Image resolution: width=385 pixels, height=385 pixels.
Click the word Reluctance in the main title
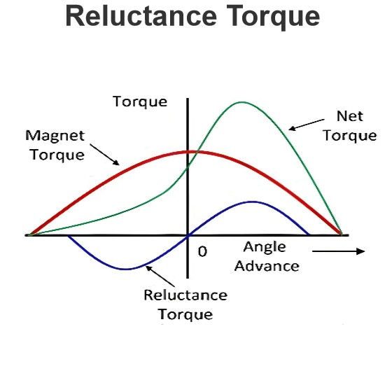point(141,16)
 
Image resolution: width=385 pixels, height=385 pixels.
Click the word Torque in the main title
point(273,17)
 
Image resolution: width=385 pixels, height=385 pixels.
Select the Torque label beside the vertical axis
point(140,101)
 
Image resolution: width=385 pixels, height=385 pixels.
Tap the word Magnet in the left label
point(55,135)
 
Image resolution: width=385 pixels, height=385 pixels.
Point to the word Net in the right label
point(350,116)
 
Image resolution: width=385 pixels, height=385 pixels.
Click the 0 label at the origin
point(202,251)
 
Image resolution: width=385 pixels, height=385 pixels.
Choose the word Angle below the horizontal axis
point(265,248)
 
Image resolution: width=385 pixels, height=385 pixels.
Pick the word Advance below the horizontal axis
point(267,266)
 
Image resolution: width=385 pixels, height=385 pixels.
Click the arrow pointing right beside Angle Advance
point(338,251)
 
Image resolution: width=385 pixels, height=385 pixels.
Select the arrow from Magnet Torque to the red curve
point(104,155)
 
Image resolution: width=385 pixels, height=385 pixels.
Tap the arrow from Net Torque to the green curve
point(307,125)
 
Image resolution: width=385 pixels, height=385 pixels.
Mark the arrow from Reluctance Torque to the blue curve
point(160,276)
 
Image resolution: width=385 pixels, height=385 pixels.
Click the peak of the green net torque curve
point(242,102)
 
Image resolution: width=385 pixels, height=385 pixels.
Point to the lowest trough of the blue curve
point(127,269)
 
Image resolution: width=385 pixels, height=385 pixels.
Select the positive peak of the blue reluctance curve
point(253,202)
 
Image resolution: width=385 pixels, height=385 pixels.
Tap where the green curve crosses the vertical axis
point(188,168)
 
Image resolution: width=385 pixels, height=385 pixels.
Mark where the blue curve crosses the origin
point(188,236)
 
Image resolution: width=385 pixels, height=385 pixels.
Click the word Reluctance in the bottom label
point(185,295)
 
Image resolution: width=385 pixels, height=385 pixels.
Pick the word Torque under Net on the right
point(349,136)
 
